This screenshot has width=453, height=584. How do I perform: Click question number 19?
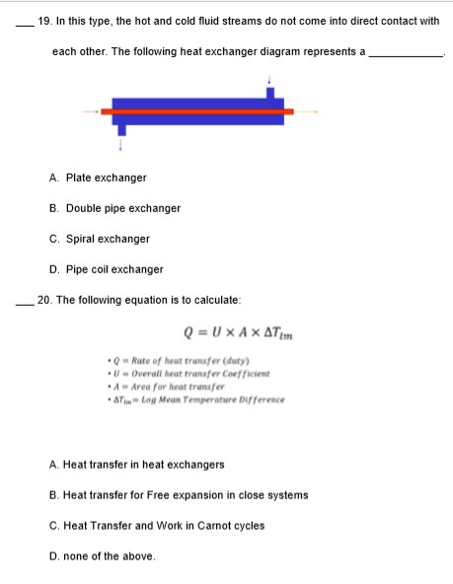pyautogui.click(x=42, y=20)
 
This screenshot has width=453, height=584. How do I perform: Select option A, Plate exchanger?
pyautogui.click(x=98, y=178)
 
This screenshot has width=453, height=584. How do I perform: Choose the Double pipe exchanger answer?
pyautogui.click(x=114, y=208)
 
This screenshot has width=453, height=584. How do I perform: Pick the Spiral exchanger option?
pyautogui.click(x=99, y=239)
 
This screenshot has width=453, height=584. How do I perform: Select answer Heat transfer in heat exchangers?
pyautogui.click(x=136, y=464)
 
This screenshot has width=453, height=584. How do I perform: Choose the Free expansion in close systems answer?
pyautogui.click(x=178, y=495)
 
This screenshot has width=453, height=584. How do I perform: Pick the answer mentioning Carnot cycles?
pyautogui.click(x=156, y=526)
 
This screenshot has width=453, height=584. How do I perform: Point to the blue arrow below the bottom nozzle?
pyautogui.click(x=121, y=143)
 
